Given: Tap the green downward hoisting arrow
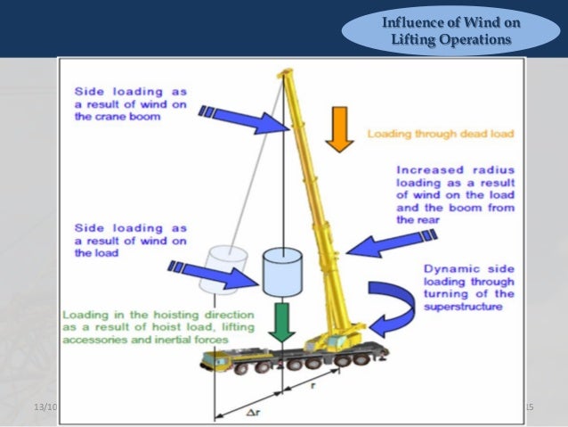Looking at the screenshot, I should point(282,322).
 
